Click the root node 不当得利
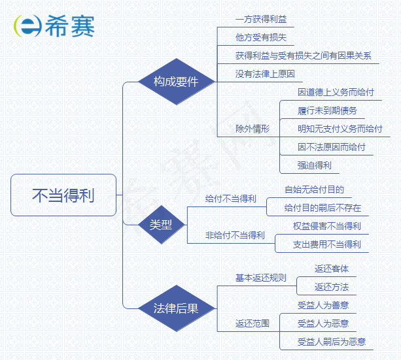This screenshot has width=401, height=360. click(63, 195)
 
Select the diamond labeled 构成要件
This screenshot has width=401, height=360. click(175, 82)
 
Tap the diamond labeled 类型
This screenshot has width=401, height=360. click(160, 225)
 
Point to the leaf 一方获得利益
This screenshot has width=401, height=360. click(261, 20)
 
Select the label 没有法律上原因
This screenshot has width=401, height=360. click(265, 74)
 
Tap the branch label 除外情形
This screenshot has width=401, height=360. click(253, 129)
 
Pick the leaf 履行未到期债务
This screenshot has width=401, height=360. click(327, 110)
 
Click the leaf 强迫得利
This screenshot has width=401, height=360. click(315, 165)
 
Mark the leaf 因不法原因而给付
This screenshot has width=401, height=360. click(332, 147)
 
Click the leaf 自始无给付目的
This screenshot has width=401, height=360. click(314, 190)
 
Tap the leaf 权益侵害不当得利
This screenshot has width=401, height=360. click(327, 226)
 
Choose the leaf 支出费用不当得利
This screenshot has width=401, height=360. click(327, 244)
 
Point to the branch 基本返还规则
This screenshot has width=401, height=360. click(261, 278)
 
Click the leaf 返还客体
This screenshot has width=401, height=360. click(332, 269)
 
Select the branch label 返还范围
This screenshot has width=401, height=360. click(253, 323)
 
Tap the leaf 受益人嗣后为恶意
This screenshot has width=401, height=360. click(332, 341)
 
